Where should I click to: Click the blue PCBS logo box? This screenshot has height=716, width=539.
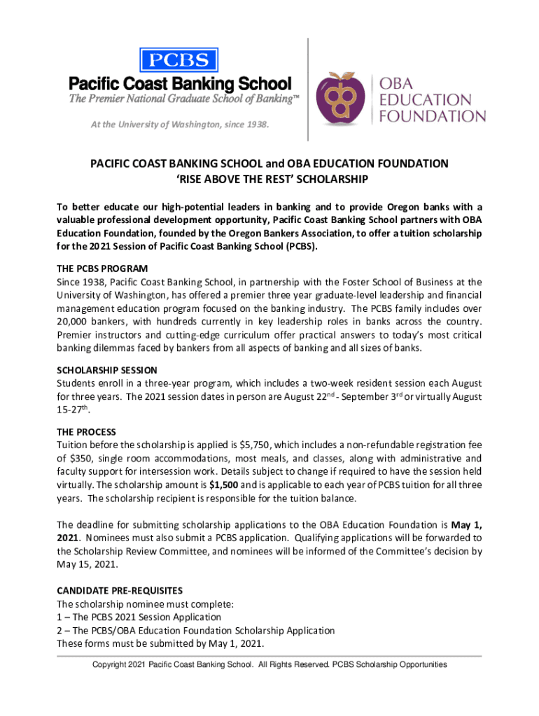point(179,59)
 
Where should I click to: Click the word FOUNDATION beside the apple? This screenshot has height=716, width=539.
point(433,115)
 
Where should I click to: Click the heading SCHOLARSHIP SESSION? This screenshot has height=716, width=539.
point(106,370)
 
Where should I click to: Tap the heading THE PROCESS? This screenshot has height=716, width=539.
point(86,432)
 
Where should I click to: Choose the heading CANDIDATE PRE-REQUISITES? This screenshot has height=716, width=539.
point(120,591)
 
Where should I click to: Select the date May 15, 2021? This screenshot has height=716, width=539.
point(87,565)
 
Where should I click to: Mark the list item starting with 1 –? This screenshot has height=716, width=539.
point(139,617)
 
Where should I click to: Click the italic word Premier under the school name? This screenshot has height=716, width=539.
point(111,99)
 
